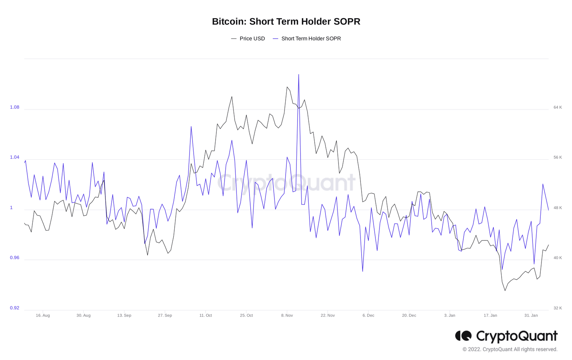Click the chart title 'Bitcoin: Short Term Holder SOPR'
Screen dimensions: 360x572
[286, 22]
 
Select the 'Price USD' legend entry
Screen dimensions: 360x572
[252, 39]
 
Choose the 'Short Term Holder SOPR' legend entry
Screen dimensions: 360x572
[311, 39]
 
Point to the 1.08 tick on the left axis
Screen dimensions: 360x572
[15, 107]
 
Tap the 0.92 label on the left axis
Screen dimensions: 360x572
[15, 308]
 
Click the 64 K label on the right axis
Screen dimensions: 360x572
[557, 107]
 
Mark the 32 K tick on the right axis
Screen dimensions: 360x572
[557, 308]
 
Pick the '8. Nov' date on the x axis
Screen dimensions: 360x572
[287, 315]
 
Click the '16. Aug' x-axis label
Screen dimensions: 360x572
[43, 315]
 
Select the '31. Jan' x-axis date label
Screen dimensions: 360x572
[531, 315]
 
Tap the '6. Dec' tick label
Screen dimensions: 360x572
[368, 315]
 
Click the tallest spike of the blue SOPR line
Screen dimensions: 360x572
[299, 75]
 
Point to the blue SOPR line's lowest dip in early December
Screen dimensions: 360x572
[363, 271]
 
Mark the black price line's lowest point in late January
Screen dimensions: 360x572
[505, 290]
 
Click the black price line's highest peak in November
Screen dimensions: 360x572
[287, 87]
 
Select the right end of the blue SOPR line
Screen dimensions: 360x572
[548, 210]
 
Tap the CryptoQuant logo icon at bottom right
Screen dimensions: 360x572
[463, 336]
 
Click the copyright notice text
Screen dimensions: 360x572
[510, 349]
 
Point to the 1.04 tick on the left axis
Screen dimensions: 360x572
[15, 157]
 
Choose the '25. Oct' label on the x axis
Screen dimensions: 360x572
[247, 315]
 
